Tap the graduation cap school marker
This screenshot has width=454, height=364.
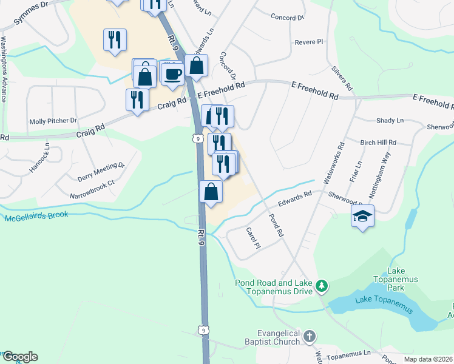[362, 217]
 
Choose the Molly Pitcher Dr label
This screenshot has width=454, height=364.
[53, 121]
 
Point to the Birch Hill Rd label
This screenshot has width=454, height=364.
[378, 143]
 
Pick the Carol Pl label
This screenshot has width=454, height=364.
[252, 237]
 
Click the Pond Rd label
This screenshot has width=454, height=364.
[276, 224]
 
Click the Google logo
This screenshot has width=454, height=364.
[19, 357]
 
